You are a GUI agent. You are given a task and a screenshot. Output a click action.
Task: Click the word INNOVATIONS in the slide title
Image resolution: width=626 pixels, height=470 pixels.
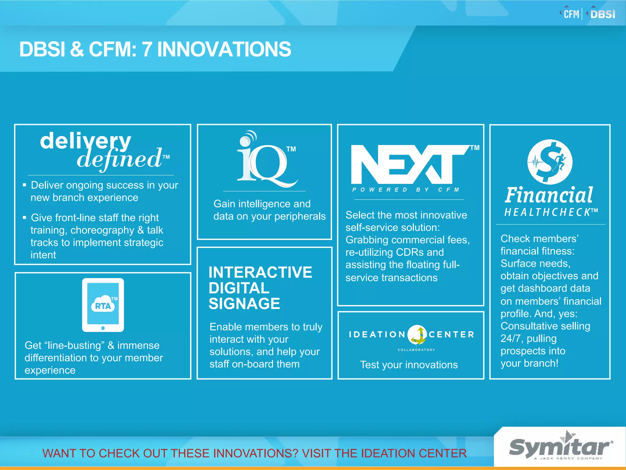[224, 49]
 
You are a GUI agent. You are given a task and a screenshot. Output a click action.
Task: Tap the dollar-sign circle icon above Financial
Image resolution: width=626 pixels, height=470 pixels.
[550, 162]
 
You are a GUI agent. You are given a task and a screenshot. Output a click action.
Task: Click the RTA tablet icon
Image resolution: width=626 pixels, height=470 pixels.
[103, 305]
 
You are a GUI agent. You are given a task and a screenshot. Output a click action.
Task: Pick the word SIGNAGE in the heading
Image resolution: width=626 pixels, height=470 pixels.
[244, 304]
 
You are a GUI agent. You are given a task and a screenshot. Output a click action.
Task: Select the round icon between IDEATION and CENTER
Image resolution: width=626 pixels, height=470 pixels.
[417, 334]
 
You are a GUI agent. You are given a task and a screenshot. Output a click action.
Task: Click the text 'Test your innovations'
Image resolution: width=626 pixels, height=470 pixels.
[409, 365]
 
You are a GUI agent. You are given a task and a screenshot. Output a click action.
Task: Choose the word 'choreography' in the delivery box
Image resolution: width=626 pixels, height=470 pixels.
[102, 230]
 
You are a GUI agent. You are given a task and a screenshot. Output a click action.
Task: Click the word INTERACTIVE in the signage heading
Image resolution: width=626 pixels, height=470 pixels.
[260, 272]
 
